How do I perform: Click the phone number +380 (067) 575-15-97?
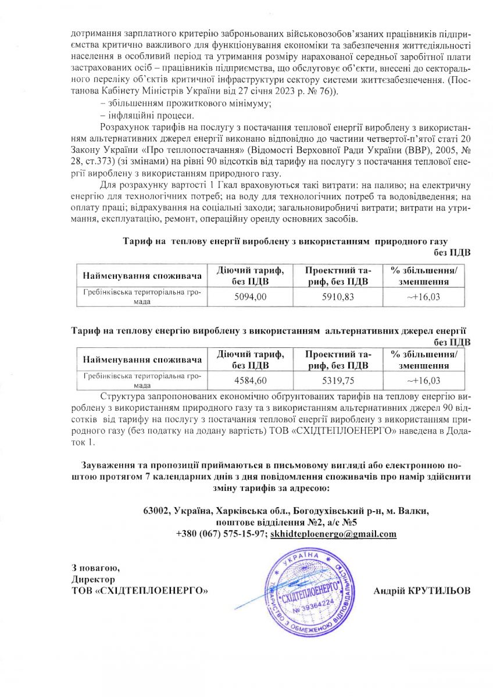tap(221, 534)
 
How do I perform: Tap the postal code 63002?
tap(156, 511)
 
